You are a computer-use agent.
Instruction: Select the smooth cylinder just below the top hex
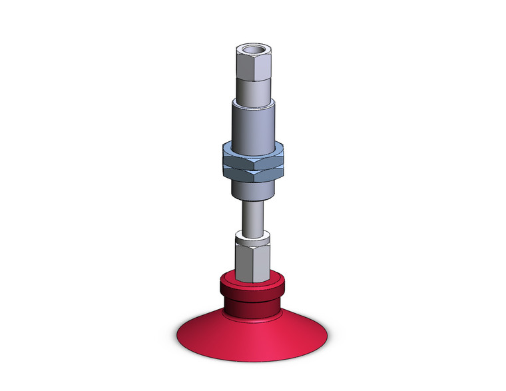[x=253, y=89]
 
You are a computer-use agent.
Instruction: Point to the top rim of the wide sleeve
[x=253, y=101]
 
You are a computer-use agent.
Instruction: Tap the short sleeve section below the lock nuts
[x=253, y=189]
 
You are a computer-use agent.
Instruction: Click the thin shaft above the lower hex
[x=253, y=216]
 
